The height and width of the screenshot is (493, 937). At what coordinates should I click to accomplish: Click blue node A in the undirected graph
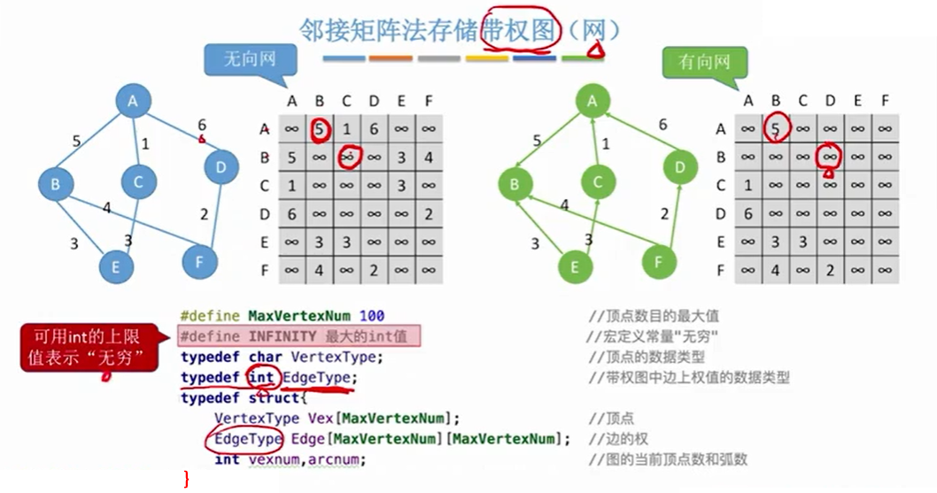point(133,102)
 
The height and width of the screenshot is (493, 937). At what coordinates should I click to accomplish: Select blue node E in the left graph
point(116,266)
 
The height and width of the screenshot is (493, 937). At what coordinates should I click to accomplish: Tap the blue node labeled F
point(200,261)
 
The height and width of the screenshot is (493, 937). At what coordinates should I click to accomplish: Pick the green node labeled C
point(598,182)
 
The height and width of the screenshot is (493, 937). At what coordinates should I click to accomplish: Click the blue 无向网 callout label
point(250,61)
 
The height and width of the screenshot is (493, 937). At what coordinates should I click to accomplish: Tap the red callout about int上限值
point(87,348)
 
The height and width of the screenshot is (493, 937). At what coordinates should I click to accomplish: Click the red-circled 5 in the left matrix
point(320,129)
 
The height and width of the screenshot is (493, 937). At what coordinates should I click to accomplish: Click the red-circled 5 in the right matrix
point(777,129)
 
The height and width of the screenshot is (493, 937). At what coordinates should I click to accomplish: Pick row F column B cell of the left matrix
point(320,269)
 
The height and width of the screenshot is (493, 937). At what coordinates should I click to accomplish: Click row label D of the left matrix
point(264,213)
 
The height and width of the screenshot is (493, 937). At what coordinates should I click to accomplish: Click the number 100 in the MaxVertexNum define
point(371,316)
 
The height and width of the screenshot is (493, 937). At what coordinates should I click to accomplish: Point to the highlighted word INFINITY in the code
point(283,336)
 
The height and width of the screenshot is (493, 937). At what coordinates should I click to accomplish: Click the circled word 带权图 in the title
point(521,30)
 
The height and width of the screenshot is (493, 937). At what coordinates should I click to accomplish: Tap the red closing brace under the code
point(186,479)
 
